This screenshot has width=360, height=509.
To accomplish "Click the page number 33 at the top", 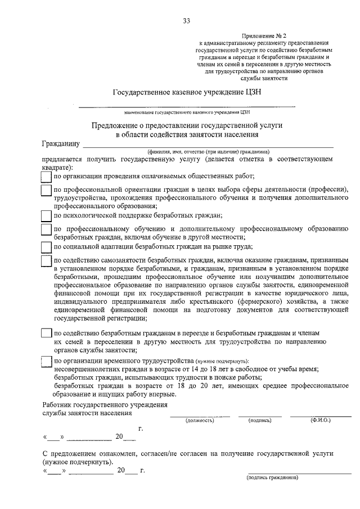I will [x=186, y=21].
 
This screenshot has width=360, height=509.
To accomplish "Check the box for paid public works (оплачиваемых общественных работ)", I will [x=47, y=177].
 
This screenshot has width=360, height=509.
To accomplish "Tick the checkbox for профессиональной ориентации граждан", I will [x=47, y=191].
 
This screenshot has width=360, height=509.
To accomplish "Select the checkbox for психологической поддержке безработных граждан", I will [x=47, y=215].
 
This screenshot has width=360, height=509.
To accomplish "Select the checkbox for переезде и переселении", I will [x=47, y=333].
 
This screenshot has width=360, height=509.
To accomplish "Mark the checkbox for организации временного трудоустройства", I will [x=47, y=361].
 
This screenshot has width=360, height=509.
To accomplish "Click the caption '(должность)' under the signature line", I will [x=200, y=420].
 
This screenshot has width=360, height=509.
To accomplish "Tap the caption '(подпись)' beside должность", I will [x=259, y=420].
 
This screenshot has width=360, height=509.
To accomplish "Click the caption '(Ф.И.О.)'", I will [x=319, y=420].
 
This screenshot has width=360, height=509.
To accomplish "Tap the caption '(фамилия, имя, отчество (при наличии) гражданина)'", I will [x=208, y=152].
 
